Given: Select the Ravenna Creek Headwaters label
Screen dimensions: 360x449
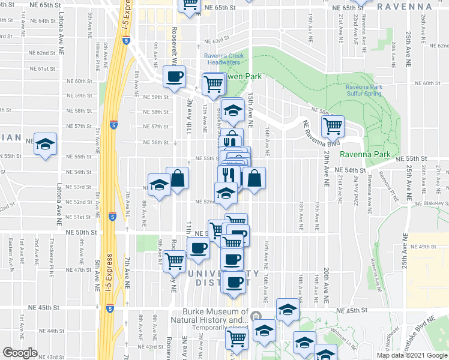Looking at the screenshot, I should point(222,59).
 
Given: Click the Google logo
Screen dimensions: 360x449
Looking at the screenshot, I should point(20,353).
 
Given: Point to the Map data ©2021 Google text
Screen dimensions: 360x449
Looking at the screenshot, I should point(411,355).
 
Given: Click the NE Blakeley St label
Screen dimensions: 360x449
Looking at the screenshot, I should point(429,204).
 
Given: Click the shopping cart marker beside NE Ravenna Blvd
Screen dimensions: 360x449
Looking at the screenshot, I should point(333,125).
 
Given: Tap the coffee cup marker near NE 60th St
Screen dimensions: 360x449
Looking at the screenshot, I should point(175,76).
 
